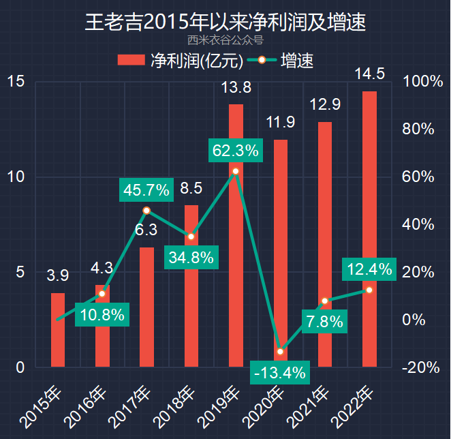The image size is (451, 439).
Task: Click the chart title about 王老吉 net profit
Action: coord(226,22)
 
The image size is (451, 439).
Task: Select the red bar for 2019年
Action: coord(236,235)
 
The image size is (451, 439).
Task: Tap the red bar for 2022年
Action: coord(369,229)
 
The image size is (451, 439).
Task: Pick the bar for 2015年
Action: coord(58,330)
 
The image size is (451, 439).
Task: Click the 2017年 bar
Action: coord(146,307)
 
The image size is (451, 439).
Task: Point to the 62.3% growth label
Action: coord(236,150)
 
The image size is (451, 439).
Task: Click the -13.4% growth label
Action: coord(279,373)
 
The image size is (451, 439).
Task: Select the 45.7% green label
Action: coord(146,190)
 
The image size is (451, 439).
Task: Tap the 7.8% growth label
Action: coord(324,322)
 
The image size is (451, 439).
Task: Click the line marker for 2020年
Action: coord(280,352)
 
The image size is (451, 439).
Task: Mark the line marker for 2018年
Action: coord(191,237)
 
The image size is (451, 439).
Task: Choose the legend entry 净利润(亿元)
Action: coord(181,61)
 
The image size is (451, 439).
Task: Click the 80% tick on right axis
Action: coord(422,130)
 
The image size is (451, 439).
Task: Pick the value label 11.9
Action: coord(280,123)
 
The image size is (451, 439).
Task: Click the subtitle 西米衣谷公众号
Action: coord(225,40)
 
